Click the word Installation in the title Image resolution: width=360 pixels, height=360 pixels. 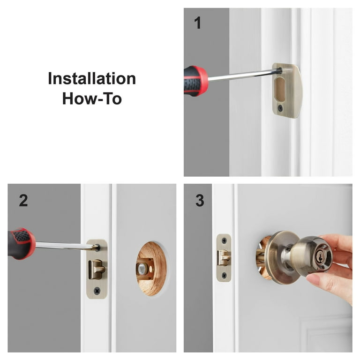tap(92, 79)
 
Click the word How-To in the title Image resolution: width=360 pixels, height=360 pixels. tap(92, 98)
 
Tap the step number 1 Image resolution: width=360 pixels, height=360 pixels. tap(198, 22)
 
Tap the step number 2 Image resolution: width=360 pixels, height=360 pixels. tap(23, 201)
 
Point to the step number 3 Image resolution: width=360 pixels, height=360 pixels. tap(200, 201)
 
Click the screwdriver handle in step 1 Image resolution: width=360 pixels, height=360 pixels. tap(195, 81)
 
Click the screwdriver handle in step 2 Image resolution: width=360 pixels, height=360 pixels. tap(22, 244)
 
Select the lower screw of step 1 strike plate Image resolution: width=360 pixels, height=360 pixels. tap(280, 108)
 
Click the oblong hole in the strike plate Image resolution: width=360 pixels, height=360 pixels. tap(280, 89)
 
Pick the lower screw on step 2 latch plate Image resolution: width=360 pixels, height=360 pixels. tap(97, 291)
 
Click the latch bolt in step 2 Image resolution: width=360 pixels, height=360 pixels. tap(97, 270)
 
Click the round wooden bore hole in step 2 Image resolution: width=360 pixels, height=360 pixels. tap(151, 269)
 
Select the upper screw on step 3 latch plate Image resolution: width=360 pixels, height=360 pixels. tap(224, 240)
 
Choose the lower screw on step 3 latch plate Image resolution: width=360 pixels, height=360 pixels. tap(224, 275)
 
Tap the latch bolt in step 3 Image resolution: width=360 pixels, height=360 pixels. tap(224, 258)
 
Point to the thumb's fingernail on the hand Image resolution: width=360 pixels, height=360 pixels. tap(313, 278)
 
